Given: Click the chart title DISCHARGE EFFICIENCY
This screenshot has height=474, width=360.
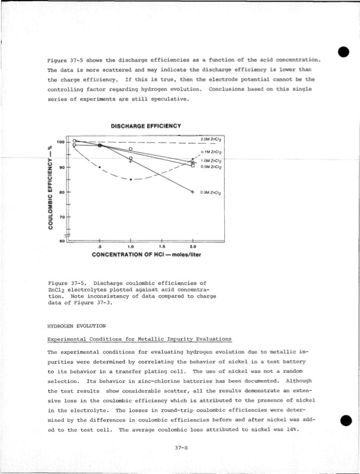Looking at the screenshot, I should point(146,126).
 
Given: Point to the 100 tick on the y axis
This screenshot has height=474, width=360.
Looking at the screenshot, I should point(60,142).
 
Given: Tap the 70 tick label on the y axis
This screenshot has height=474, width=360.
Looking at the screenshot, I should point(60,218).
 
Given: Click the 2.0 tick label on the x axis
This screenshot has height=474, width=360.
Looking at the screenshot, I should point(193,246).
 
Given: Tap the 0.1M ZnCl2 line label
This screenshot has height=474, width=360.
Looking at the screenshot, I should point(212,153).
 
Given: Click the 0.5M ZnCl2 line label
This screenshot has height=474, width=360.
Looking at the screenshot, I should point(212,168).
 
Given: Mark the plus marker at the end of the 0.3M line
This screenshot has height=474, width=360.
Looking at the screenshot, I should point(193,192).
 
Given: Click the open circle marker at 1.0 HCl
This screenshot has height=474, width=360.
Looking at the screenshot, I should point(131,149).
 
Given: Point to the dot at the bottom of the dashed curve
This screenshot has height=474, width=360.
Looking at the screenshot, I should point(131,179).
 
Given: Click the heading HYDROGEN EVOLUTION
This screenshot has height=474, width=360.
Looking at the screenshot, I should point(76,326).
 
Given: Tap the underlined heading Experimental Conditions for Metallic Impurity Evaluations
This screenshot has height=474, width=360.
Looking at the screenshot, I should point(139,339).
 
